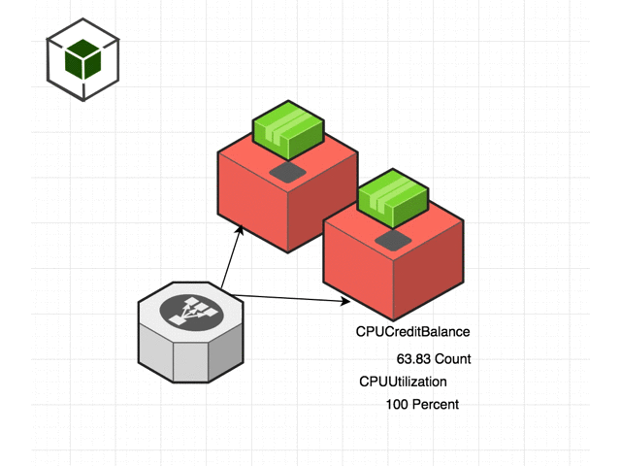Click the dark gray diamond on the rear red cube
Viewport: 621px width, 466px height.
click(287, 172)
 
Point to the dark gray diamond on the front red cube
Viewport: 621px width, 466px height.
click(393, 238)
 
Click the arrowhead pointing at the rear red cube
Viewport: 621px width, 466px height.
click(239, 228)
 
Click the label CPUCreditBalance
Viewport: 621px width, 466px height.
click(412, 332)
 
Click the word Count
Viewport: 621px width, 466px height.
click(452, 358)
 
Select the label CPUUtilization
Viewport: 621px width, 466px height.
click(403, 382)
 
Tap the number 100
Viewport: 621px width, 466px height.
click(397, 404)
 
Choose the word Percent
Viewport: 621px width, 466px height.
click(435, 404)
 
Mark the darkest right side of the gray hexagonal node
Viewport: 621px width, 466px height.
click(228, 354)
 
